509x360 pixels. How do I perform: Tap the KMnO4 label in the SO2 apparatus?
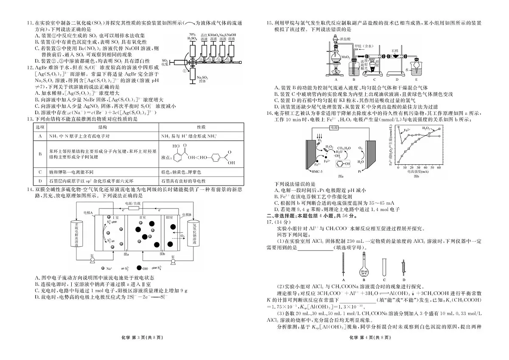coord(214,34)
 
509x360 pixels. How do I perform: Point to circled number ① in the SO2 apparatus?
coord(185,71)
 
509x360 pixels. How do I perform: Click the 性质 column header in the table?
coord(201,127)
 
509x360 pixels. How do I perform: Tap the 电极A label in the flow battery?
coord(88,212)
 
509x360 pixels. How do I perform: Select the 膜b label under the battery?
coord(162,254)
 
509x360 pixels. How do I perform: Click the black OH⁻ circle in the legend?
coord(139,268)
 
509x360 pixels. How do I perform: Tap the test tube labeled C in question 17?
coord(383,269)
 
